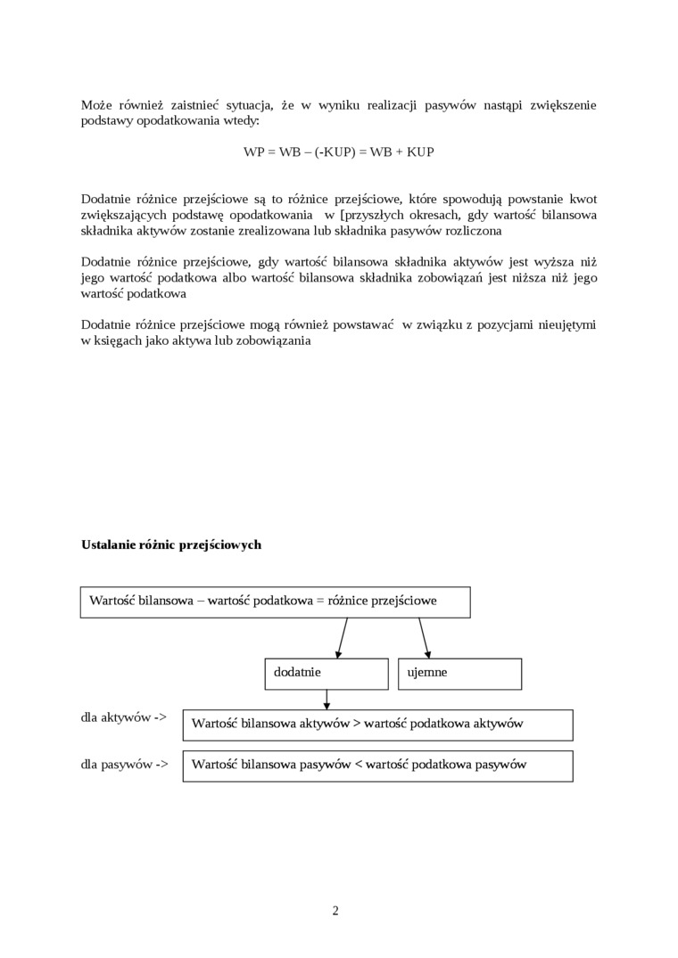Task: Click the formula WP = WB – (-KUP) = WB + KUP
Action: (x=338, y=152)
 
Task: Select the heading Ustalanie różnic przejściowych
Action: (x=171, y=545)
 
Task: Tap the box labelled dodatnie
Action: (x=327, y=674)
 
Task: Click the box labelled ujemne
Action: (x=459, y=674)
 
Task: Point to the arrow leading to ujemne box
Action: (x=425, y=639)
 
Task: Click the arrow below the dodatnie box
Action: (x=327, y=700)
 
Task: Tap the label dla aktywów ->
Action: (x=124, y=717)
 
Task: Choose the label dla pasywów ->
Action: (x=124, y=764)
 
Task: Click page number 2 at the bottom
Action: (x=335, y=911)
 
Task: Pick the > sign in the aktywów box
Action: (x=357, y=725)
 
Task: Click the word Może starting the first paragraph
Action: (x=95, y=105)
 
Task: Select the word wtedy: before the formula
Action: (x=241, y=120)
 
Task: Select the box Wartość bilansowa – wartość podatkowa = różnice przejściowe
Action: (x=275, y=602)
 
